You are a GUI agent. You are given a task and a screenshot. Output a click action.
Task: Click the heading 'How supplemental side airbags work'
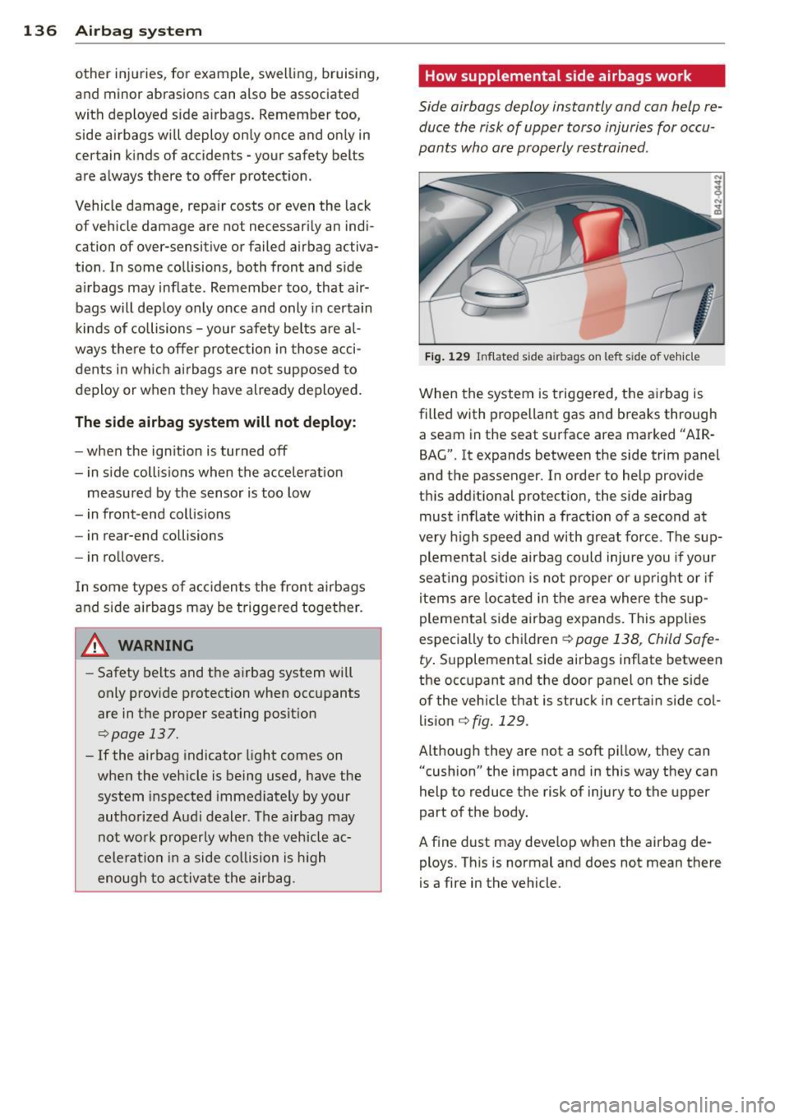pos(558,76)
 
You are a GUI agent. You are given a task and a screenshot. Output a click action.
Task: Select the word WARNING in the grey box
pos(156,645)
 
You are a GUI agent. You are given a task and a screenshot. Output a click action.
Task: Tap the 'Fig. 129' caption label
pos(447,357)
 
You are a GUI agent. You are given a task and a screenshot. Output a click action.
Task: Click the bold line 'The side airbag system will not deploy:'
pos(215,422)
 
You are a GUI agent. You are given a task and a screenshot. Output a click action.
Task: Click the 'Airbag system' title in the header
pos(138,31)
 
